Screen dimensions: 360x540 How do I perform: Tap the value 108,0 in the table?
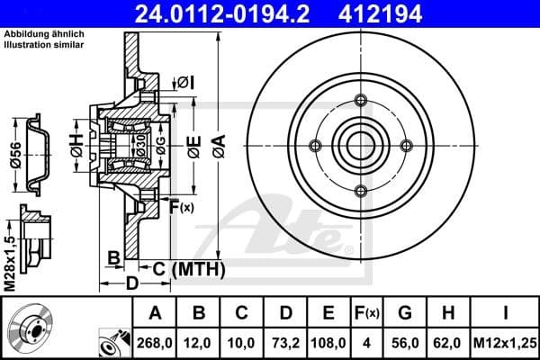328,343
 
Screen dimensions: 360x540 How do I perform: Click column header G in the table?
405,314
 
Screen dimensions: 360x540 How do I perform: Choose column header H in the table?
449,314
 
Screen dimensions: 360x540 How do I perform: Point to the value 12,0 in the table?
200,343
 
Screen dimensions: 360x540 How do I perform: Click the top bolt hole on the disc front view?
360,99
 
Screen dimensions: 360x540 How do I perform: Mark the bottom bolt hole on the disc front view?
360,189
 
